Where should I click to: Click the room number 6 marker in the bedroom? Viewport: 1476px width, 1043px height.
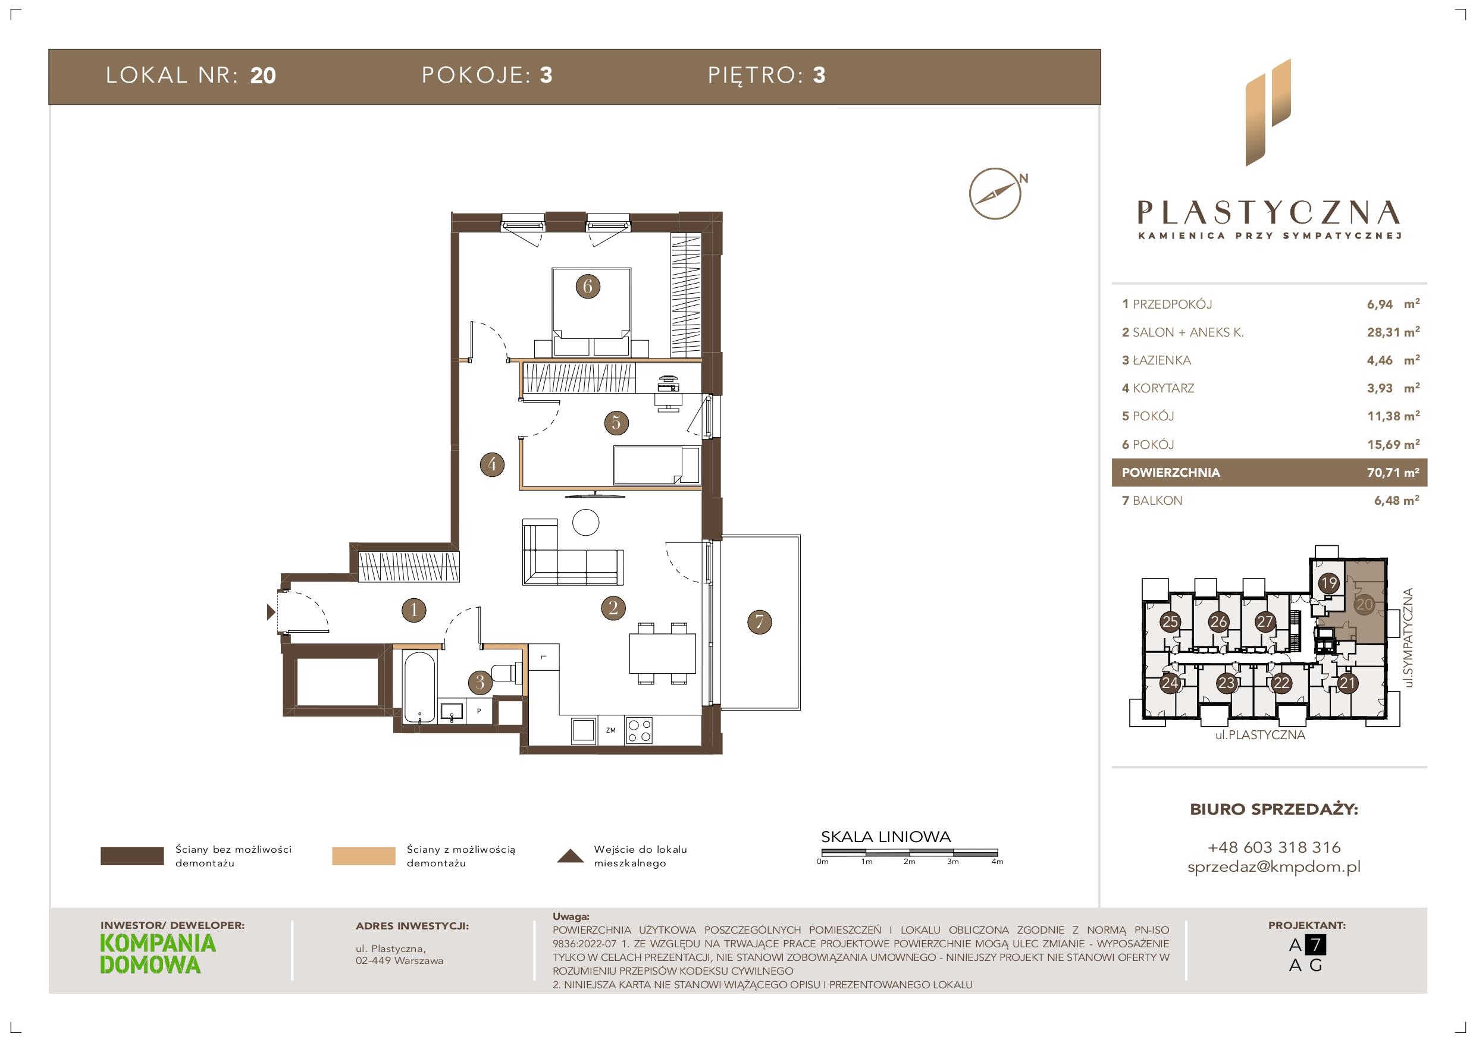pos(588,286)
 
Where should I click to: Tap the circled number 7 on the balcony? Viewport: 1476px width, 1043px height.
pos(760,621)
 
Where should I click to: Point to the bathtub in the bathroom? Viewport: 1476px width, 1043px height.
pos(420,687)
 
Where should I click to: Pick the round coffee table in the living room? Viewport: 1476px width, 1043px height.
pos(585,523)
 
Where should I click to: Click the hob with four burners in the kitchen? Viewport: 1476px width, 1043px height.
pos(640,730)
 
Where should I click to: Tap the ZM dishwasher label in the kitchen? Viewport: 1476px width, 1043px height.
pos(611,730)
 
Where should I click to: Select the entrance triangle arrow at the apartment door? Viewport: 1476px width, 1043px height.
pos(271,612)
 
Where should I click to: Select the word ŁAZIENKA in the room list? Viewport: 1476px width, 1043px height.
pos(1162,360)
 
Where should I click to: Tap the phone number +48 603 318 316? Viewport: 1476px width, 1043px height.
pos(1274,847)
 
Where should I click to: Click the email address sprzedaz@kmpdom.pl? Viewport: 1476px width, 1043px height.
pos(1274,867)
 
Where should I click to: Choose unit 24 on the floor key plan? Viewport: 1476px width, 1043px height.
pos(1170,683)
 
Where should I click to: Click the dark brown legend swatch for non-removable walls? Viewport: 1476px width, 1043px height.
pos(132,856)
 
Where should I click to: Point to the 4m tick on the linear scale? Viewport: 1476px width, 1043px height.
pos(998,854)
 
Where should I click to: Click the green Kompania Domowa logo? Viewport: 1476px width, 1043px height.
pos(158,954)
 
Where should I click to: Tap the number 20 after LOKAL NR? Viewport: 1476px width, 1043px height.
pos(263,76)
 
